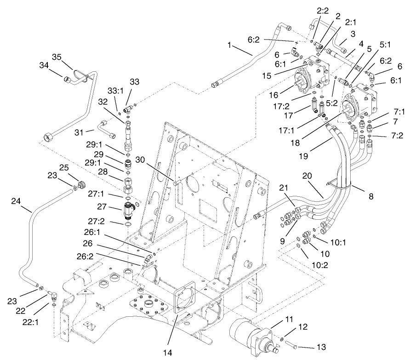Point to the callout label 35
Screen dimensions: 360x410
click(x=57, y=57)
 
